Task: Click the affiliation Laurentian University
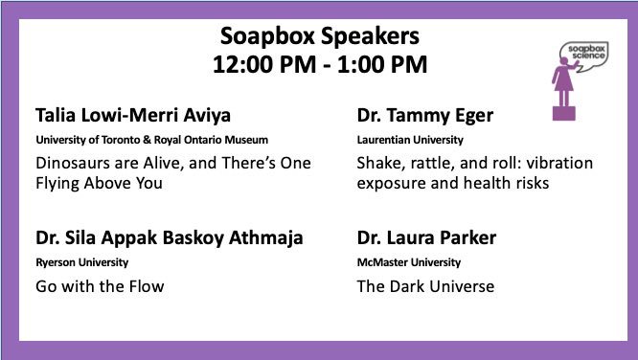point(393,139)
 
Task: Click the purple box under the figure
point(563,114)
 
